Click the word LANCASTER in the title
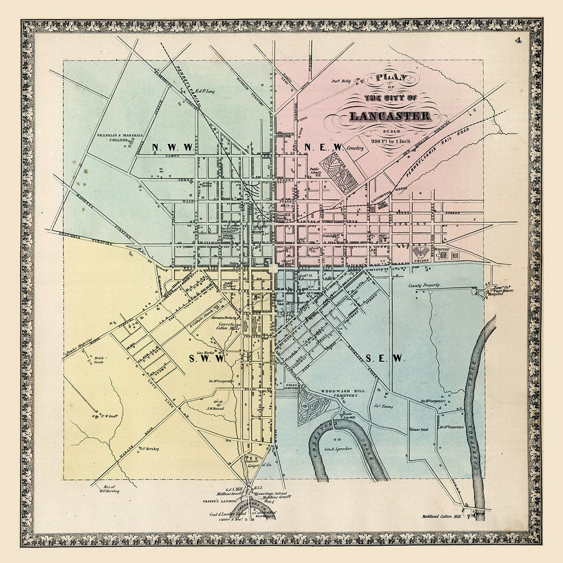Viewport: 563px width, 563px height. (x=389, y=116)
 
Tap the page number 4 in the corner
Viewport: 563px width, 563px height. (x=518, y=41)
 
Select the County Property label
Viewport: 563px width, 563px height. (x=423, y=285)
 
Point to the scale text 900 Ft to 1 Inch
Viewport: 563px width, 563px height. (x=391, y=141)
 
